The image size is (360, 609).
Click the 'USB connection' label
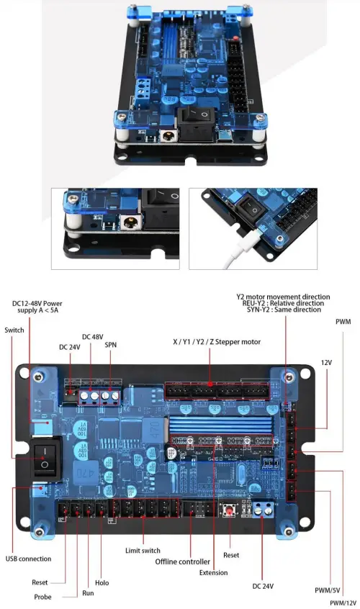pyautogui.click(x=28, y=558)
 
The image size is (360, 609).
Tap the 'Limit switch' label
pyautogui.click(x=142, y=550)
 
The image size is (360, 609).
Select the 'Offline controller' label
pyautogui.click(x=184, y=561)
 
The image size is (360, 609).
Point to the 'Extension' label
pyautogui.click(x=214, y=572)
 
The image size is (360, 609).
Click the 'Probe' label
pyautogui.click(x=42, y=597)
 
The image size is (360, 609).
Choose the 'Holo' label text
pyautogui.click(x=102, y=582)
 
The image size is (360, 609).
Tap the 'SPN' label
pyautogui.click(x=112, y=346)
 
